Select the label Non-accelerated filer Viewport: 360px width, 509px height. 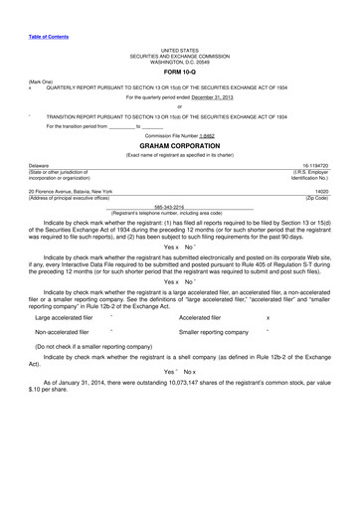click(62, 331)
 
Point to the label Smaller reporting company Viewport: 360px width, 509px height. click(213, 331)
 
